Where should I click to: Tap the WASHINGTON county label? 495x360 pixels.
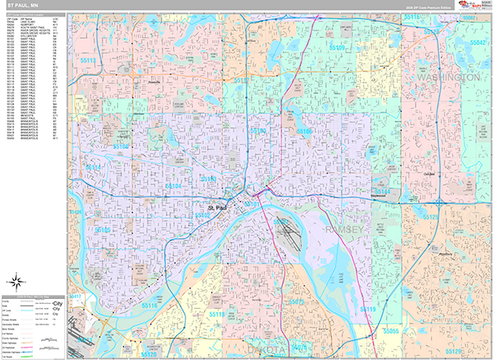450,77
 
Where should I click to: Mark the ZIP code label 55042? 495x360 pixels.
477,40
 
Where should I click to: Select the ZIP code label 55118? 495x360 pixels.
218,315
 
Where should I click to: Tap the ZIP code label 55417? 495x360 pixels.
74,296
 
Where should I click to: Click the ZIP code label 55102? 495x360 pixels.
202,215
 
